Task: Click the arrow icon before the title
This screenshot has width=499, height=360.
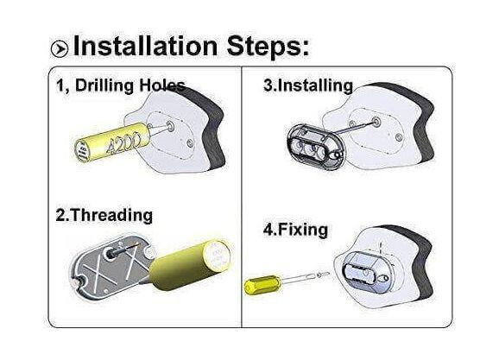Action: tap(60, 48)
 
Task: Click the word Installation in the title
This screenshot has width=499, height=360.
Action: tap(145, 46)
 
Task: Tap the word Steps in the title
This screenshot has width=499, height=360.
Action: tap(268, 47)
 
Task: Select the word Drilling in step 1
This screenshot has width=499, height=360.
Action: tap(104, 86)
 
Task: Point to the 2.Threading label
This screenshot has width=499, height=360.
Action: tap(104, 216)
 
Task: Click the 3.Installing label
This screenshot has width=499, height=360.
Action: tap(308, 86)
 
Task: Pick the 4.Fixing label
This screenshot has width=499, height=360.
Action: tap(295, 230)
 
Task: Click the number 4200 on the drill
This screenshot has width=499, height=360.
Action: tap(123, 143)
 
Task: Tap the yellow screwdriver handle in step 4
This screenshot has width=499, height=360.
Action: tap(262, 284)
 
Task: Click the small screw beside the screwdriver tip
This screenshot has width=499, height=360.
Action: tap(323, 274)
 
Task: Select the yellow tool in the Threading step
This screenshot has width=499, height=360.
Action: tap(190, 265)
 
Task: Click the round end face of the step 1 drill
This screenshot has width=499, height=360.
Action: tap(82, 151)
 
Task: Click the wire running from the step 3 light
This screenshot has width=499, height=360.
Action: tap(354, 127)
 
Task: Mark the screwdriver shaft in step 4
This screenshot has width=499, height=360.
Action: tap(299, 279)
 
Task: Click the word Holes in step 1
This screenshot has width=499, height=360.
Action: tap(162, 86)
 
